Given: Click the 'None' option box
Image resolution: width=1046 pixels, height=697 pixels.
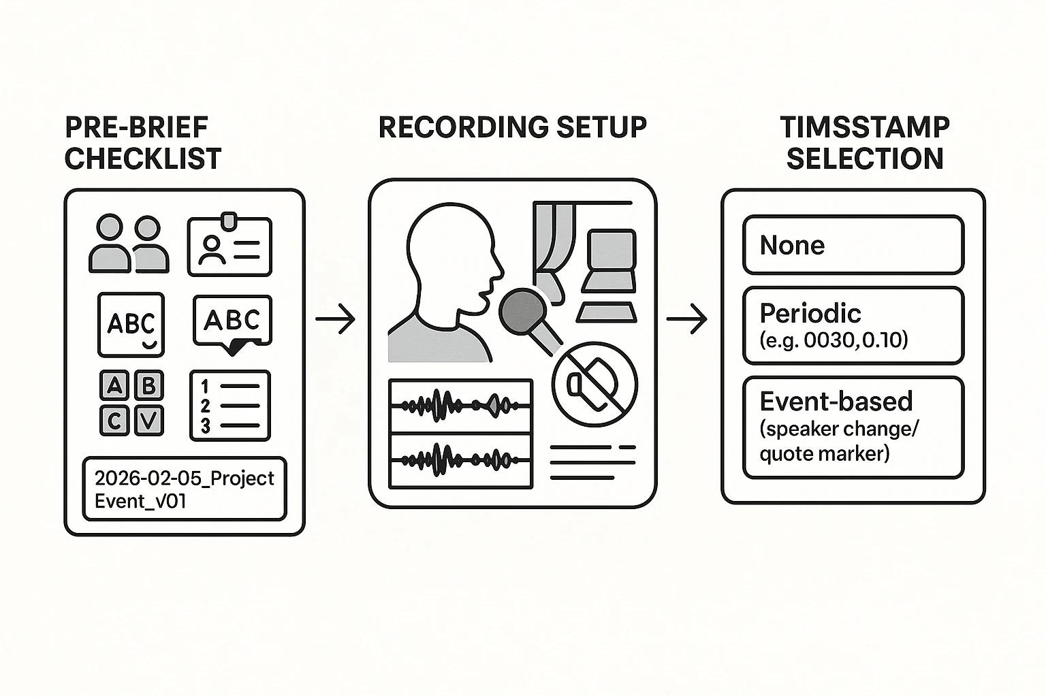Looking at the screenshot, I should (853, 245).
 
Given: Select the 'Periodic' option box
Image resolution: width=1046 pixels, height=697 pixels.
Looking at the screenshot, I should (853, 326).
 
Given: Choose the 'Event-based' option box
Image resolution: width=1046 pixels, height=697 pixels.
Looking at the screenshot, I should (853, 427).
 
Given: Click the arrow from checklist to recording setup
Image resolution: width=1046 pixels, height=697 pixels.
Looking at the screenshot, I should (336, 319).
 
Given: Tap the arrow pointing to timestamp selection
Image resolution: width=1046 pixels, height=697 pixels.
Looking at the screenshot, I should (686, 319).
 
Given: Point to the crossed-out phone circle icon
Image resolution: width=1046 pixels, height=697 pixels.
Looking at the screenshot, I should (595, 385).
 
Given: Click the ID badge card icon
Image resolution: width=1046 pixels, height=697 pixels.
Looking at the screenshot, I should (229, 246).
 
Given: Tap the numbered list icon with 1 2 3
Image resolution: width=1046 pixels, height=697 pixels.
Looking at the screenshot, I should (230, 406).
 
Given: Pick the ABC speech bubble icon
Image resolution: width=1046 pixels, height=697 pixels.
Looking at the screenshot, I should (232, 322).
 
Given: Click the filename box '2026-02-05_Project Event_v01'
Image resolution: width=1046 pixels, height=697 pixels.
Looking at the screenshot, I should (185, 489).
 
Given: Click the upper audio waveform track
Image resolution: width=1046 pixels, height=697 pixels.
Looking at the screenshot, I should (460, 406).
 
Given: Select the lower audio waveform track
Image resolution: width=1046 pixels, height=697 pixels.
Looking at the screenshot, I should (460, 461).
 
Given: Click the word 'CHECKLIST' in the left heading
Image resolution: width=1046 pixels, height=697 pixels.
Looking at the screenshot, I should (143, 159).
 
